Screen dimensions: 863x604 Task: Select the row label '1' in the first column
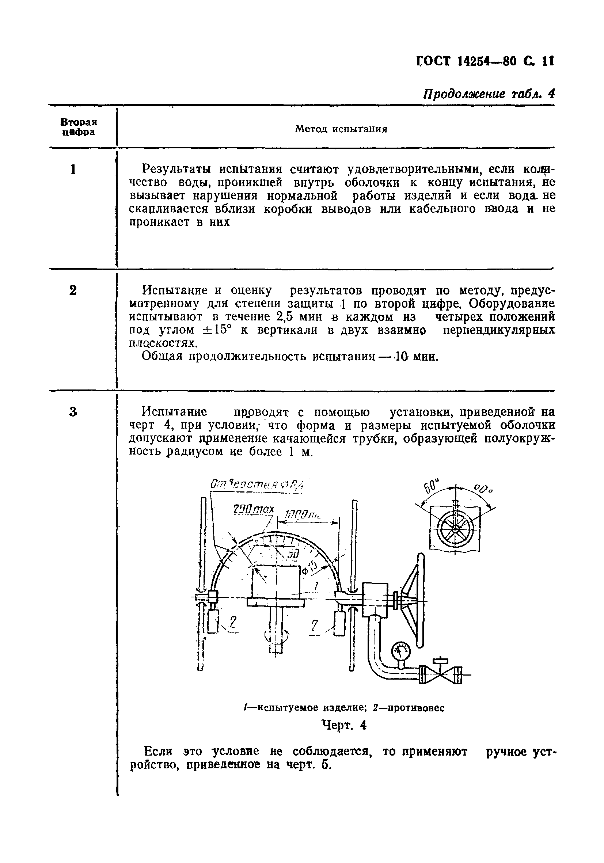click(73, 170)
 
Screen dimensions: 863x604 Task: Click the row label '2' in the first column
click(73, 290)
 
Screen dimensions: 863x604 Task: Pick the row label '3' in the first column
click(73, 412)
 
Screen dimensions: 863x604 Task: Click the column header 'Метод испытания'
click(341, 129)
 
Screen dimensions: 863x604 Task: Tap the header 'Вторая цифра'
click(79, 127)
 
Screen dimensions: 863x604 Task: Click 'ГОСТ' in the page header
click(435, 61)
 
